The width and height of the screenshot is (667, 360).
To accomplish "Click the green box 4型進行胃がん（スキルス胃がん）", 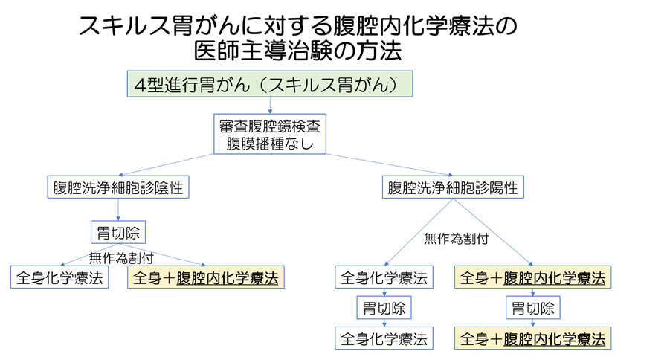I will click(x=269, y=86).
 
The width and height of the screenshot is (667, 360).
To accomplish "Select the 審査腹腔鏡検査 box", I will click(x=270, y=123).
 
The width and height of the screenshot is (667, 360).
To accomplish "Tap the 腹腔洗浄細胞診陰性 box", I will click(x=117, y=187).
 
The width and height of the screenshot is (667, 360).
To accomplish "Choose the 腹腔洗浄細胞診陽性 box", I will click(x=453, y=187).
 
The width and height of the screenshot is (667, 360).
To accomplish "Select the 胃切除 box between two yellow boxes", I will click(x=532, y=308).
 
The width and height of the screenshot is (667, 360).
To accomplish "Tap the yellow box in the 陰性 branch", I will click(x=206, y=278).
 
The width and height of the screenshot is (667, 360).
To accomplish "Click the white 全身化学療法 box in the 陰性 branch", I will click(x=60, y=278).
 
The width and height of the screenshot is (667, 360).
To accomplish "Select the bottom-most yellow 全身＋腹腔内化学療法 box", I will click(x=532, y=338).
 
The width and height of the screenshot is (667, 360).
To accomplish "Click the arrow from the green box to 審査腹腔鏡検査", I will click(x=269, y=105).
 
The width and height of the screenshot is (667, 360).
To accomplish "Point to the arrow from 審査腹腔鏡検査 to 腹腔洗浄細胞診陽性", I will click(x=387, y=165).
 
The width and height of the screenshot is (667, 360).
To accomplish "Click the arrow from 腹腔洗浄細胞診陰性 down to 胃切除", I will click(x=117, y=210).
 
